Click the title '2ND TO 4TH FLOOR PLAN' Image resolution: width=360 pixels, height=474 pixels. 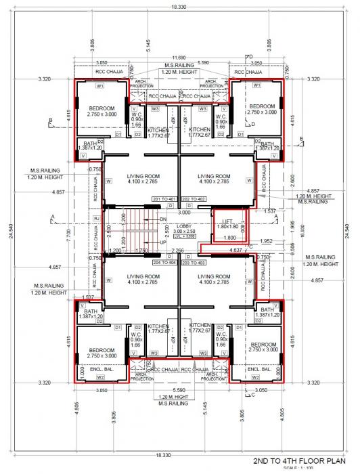(x=302, y=460)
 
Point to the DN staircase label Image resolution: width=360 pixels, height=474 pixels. (x=162, y=219)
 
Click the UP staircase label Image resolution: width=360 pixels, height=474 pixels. (x=162, y=242)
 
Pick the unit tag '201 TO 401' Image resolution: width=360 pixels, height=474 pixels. (x=164, y=198)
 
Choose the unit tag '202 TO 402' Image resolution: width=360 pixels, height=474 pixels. (x=193, y=198)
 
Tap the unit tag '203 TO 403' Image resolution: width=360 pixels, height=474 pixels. (x=193, y=261)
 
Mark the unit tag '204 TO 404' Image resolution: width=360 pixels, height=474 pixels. (x=164, y=261)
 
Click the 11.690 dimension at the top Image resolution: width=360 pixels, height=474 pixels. (x=179, y=58)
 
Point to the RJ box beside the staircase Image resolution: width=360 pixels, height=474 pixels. (x=97, y=218)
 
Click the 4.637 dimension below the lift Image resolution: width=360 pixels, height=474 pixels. (x=235, y=251)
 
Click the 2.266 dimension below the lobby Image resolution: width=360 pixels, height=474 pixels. (x=178, y=251)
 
